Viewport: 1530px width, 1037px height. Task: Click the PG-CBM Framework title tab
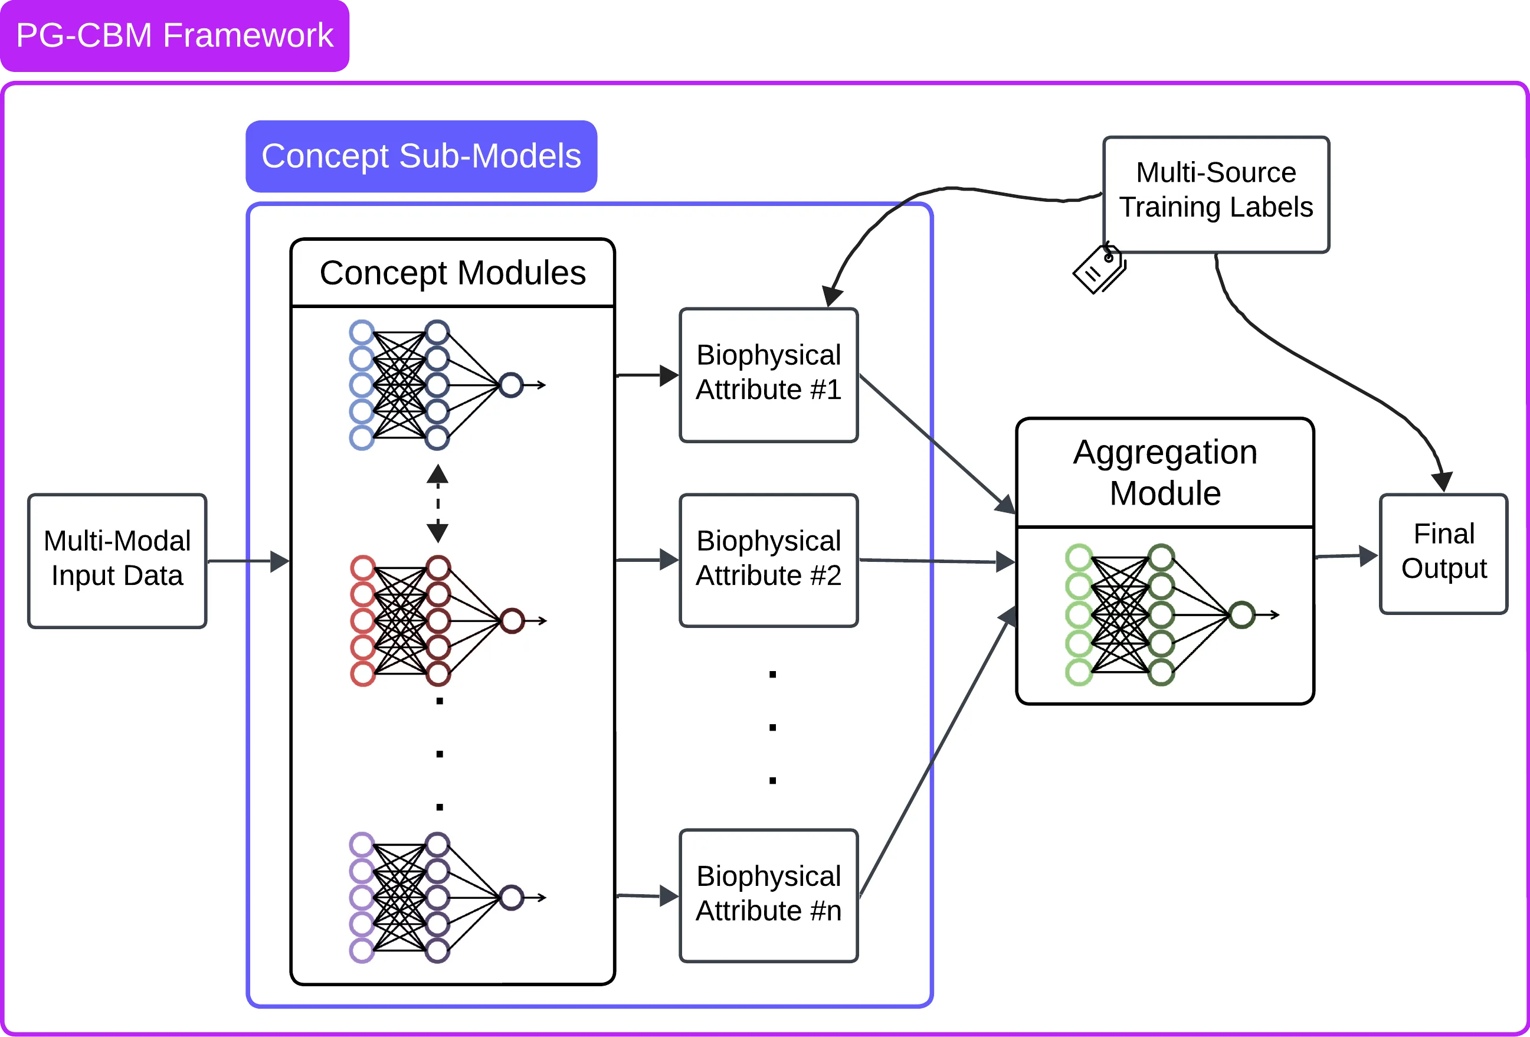(x=175, y=35)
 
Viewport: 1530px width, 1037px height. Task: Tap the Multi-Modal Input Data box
(x=117, y=560)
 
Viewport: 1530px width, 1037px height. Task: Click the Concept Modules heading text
(x=453, y=273)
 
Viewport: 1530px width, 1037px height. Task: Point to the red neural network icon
(x=434, y=621)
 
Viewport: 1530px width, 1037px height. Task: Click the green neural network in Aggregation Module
(x=1159, y=614)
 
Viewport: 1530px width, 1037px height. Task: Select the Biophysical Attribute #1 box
(x=768, y=374)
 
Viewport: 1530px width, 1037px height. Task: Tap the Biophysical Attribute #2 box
(x=768, y=560)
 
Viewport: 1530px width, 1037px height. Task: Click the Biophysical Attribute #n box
(x=768, y=895)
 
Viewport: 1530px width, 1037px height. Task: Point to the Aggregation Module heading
(x=1165, y=472)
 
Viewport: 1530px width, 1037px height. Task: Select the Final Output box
(x=1443, y=552)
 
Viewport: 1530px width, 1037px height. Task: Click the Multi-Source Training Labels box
(x=1216, y=194)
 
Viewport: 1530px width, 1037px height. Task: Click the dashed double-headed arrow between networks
(x=438, y=503)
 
